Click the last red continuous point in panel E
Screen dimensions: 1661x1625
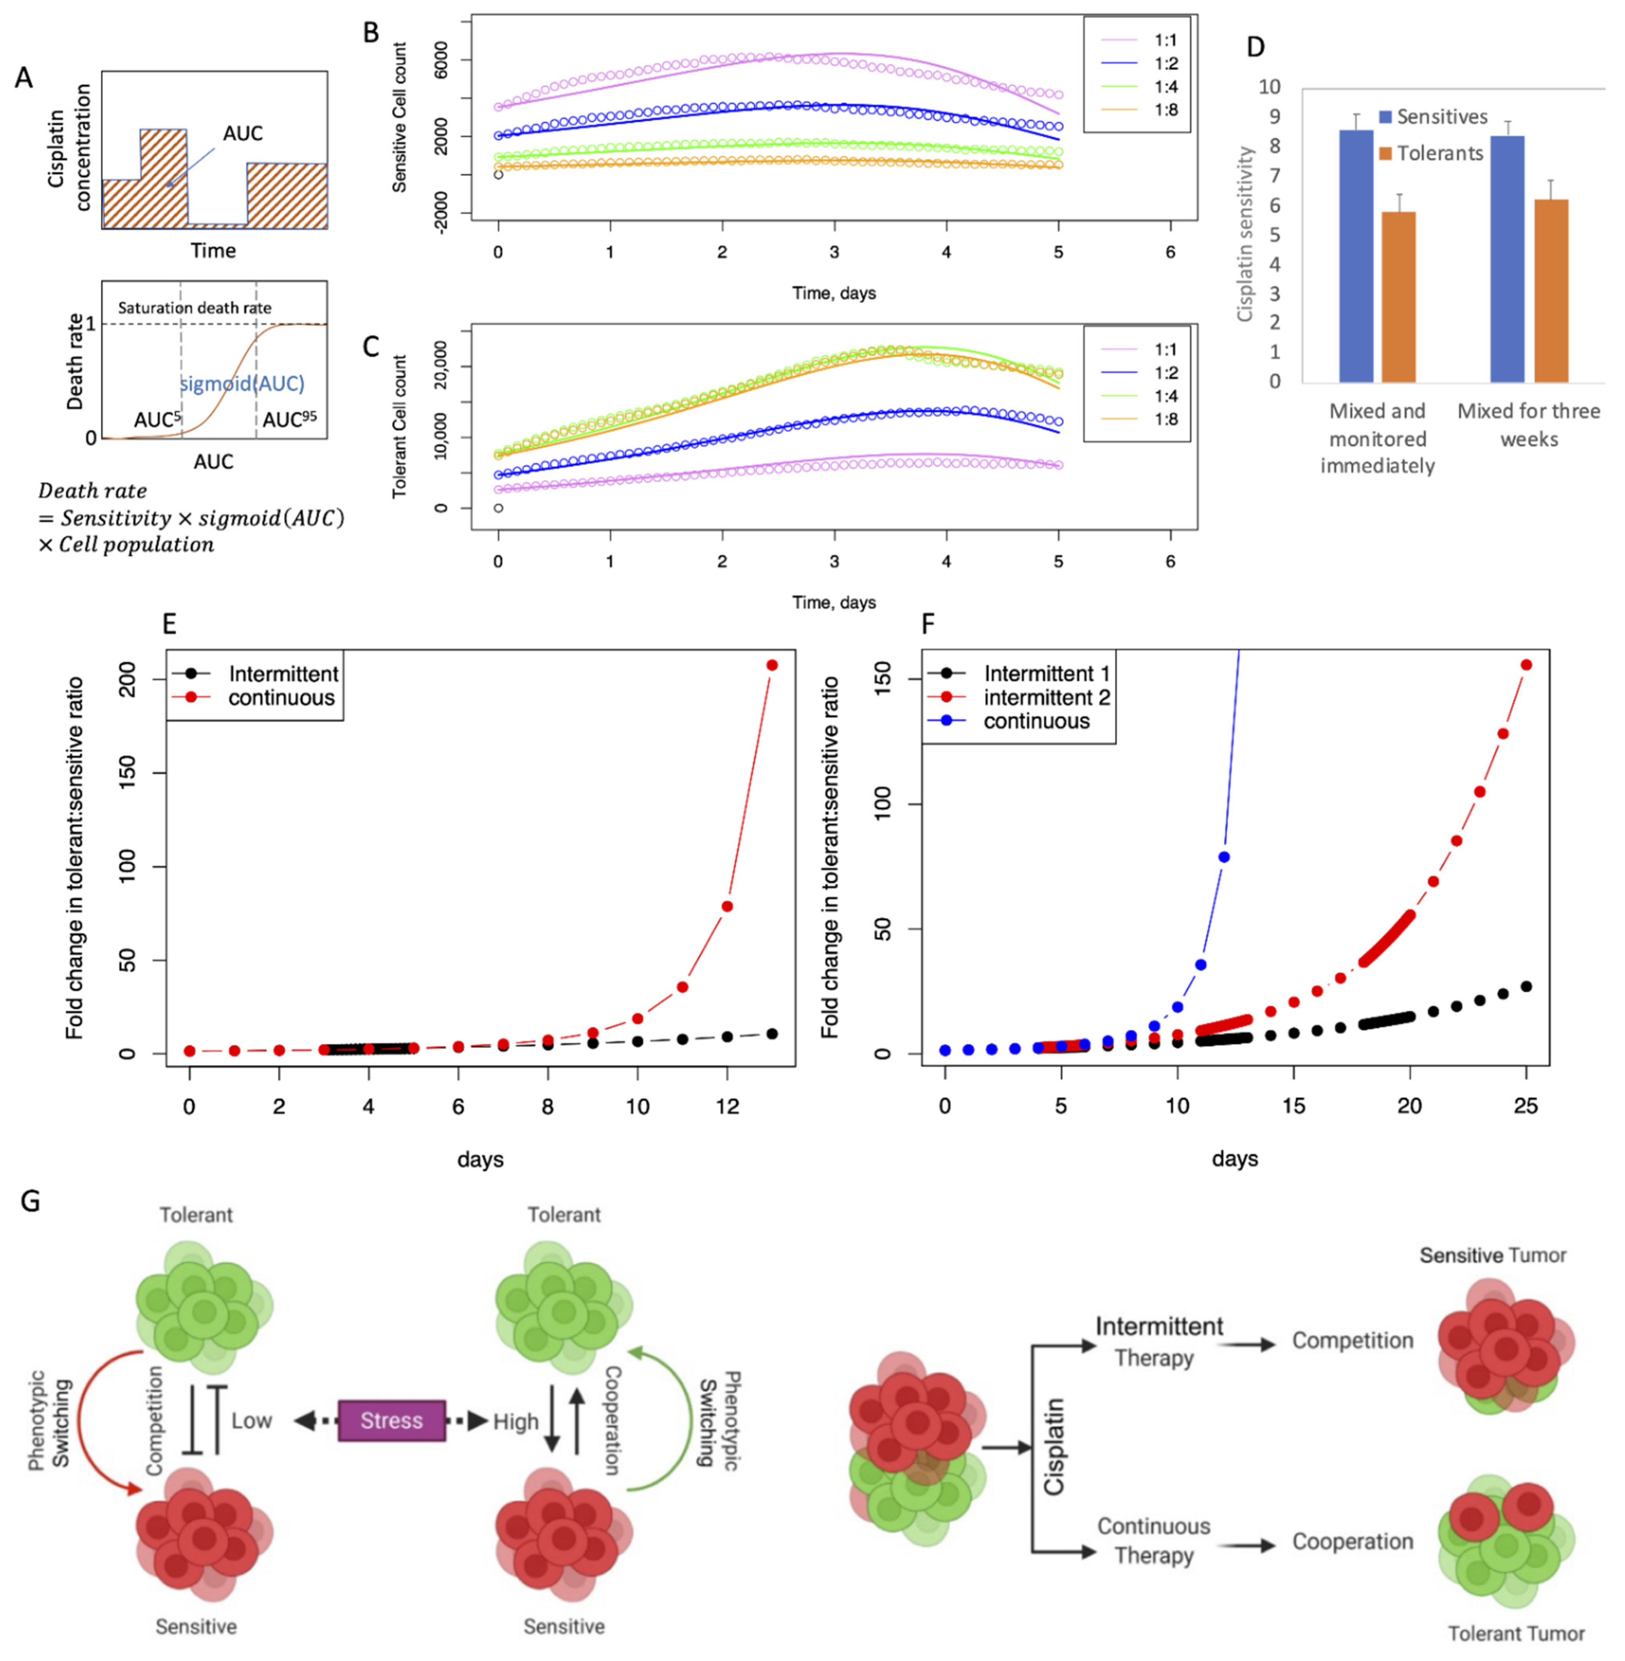(772, 665)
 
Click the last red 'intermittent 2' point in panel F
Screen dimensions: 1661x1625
(1526, 665)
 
